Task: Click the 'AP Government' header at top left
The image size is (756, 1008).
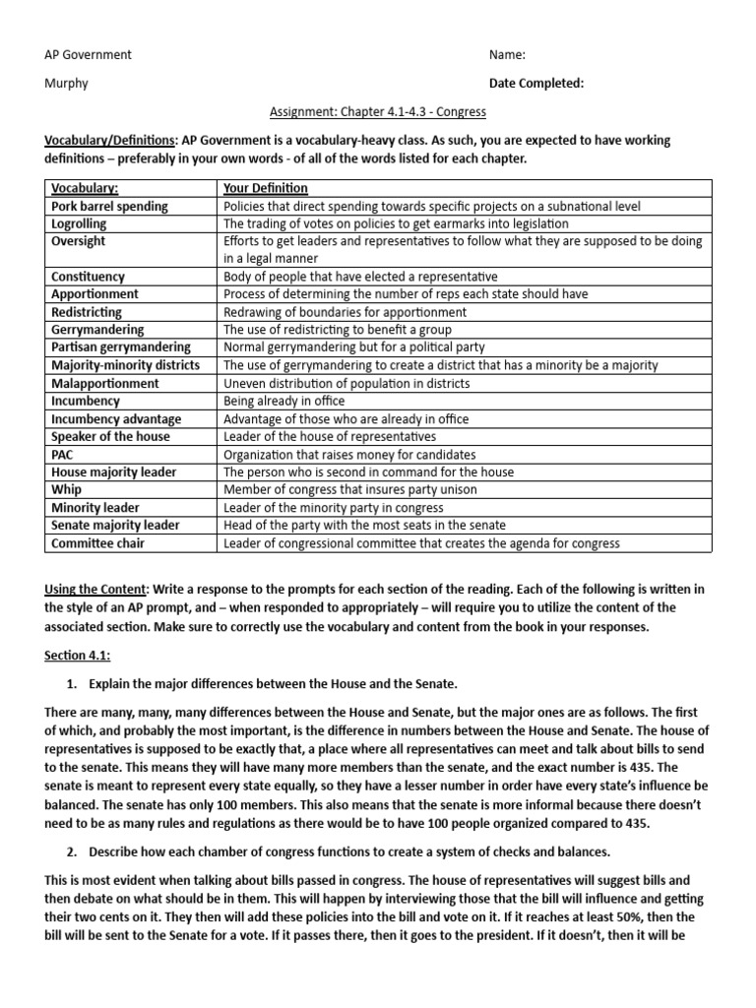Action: coord(89,55)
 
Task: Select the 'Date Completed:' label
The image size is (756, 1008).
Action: coord(536,84)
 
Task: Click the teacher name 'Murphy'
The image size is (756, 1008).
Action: coord(67,84)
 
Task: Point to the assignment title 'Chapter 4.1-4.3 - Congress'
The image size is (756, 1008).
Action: coord(378,111)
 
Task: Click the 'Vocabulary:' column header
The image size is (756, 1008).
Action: coord(85,188)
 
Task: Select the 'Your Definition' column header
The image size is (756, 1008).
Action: coord(266,188)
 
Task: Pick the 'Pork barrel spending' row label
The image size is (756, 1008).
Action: coord(109,206)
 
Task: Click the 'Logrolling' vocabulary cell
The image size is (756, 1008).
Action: coord(79,223)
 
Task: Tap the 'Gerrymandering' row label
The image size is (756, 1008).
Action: coord(97,330)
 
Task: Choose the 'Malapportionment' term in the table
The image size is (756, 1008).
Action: coord(104,383)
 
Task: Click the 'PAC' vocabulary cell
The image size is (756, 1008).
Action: coord(63,455)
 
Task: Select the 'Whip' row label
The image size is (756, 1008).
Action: coord(66,490)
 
